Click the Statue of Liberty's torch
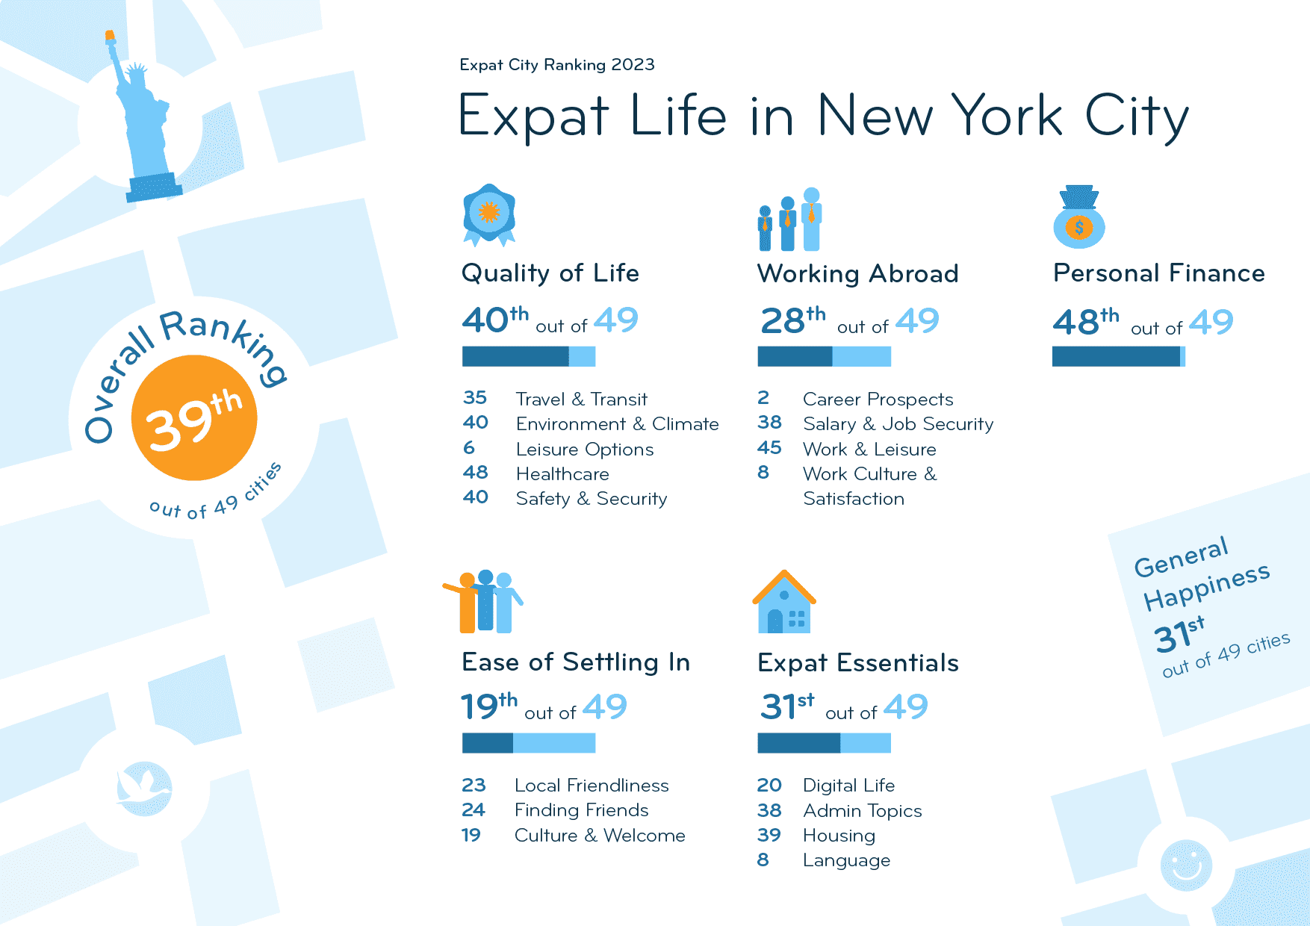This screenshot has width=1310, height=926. pyautogui.click(x=110, y=37)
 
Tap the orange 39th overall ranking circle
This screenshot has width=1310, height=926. pyautogui.click(x=194, y=418)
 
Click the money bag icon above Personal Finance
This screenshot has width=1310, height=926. pyautogui.click(x=1078, y=217)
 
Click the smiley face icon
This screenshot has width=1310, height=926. pyautogui.click(x=1186, y=865)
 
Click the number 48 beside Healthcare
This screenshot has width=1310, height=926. pyautogui.click(x=475, y=473)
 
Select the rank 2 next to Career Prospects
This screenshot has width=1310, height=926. pyautogui.click(x=763, y=398)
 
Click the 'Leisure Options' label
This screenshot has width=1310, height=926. pyautogui.click(x=584, y=450)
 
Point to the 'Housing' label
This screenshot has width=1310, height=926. pyautogui.click(x=839, y=836)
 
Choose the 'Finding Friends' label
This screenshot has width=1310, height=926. pyautogui.click(x=581, y=810)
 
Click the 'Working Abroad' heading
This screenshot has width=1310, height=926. pyautogui.click(x=857, y=274)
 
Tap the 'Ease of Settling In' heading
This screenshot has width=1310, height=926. pyautogui.click(x=575, y=662)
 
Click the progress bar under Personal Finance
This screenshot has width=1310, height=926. pyautogui.click(x=1118, y=357)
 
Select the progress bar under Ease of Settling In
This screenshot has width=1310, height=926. pyautogui.click(x=528, y=743)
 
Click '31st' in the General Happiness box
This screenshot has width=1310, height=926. pyautogui.click(x=1179, y=636)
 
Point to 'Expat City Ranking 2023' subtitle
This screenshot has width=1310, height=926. pyautogui.click(x=557, y=65)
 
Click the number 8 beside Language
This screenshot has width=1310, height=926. pyautogui.click(x=763, y=860)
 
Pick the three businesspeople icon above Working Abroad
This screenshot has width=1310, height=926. pyautogui.click(x=789, y=220)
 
